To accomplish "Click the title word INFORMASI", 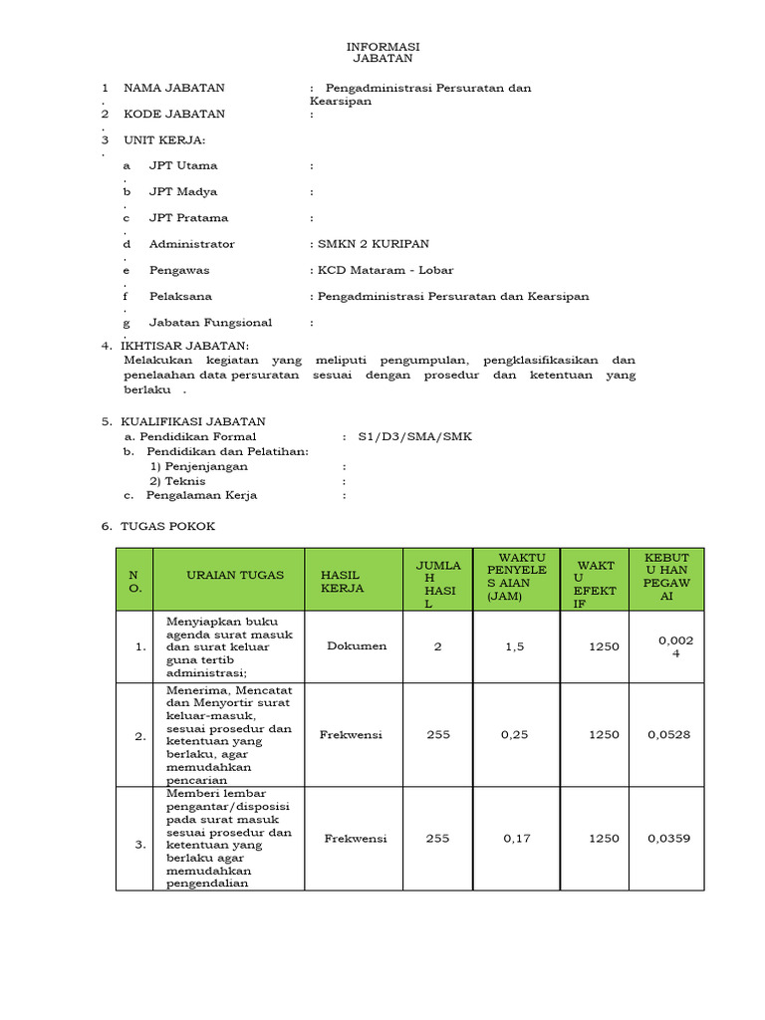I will tap(382, 47).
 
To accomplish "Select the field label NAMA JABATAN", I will tap(174, 88).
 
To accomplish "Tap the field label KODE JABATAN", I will tap(174, 114).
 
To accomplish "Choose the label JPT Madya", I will tap(183, 191).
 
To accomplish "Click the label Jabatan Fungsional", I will tap(210, 322).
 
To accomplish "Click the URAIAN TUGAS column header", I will tap(234, 575).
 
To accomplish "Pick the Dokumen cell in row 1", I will tap(357, 645).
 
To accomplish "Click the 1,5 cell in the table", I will tap(514, 646).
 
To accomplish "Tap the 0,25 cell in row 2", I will tap(517, 735).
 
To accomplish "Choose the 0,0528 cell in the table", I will tap(669, 735).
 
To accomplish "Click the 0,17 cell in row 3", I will tap(517, 839).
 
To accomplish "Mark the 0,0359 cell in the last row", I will tap(669, 839).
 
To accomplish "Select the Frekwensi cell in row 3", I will tap(356, 839).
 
